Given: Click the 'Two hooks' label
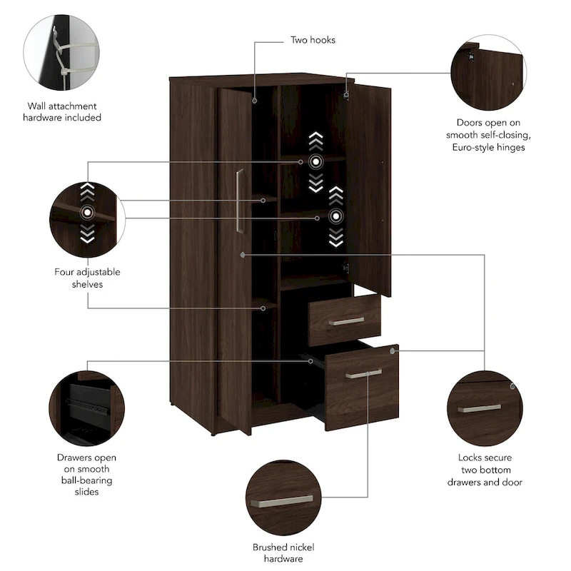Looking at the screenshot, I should (x=312, y=40).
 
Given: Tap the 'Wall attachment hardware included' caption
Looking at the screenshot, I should (x=64, y=111).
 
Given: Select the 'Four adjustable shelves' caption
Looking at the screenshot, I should (x=87, y=278).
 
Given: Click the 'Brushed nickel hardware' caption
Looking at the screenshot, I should (x=283, y=552).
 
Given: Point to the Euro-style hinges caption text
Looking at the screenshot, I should (x=489, y=134).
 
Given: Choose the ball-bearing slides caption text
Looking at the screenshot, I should (x=87, y=475).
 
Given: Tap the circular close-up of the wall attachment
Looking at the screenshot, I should (x=61, y=55).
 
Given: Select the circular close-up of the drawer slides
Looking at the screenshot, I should (x=87, y=408).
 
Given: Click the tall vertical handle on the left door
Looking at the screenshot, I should (x=240, y=201).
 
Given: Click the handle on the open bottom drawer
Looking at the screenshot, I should (x=363, y=373).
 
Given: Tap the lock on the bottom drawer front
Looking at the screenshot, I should (x=393, y=351).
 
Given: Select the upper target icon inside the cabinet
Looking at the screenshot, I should (x=315, y=161).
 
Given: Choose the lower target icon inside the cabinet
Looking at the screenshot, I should (x=335, y=216).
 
